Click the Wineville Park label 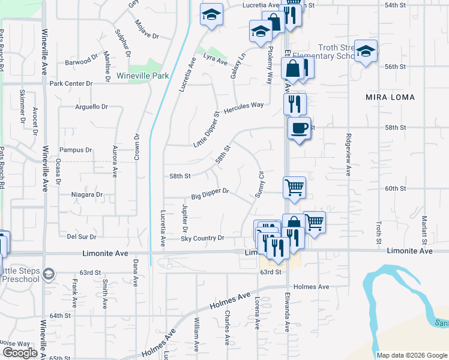tap(143, 76)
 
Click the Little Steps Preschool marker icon tap(49, 274)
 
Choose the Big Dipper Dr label tap(210, 193)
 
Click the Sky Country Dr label tap(202, 239)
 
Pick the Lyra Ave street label tap(215, 60)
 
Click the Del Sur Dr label tap(82, 237)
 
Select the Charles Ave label tap(227, 327)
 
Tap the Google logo tap(20, 352)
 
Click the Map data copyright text tap(411, 355)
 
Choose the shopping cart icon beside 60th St tap(294, 187)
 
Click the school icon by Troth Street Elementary tap(365, 52)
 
